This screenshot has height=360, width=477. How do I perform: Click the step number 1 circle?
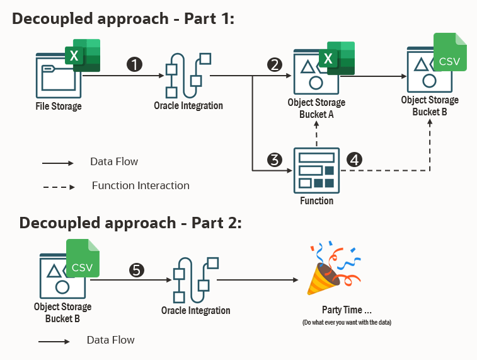coord(134,64)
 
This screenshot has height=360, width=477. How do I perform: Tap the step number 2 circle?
coord(274,64)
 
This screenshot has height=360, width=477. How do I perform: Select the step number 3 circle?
coord(274,160)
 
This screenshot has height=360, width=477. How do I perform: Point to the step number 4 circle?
coord(355,160)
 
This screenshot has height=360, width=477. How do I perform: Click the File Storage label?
coord(59,106)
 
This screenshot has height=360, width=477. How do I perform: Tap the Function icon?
coord(316,170)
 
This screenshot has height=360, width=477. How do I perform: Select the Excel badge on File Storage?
coord(82,55)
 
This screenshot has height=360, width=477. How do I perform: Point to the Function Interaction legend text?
coord(141,185)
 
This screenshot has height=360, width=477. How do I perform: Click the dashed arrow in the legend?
coord(58,187)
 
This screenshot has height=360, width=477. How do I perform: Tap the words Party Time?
coord(347,311)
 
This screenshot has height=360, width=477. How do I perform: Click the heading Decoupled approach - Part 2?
coord(130,223)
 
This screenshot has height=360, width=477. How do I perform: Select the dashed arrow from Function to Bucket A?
coord(316,134)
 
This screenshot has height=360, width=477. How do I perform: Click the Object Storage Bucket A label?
coord(316,108)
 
